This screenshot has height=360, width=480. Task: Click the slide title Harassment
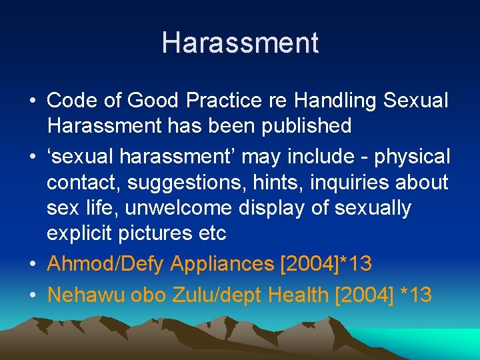click(240, 43)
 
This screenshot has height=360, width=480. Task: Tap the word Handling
click(338, 101)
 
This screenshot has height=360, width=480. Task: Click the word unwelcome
click(177, 208)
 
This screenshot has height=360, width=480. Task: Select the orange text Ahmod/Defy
click(105, 264)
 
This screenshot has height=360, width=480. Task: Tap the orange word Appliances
click(223, 264)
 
